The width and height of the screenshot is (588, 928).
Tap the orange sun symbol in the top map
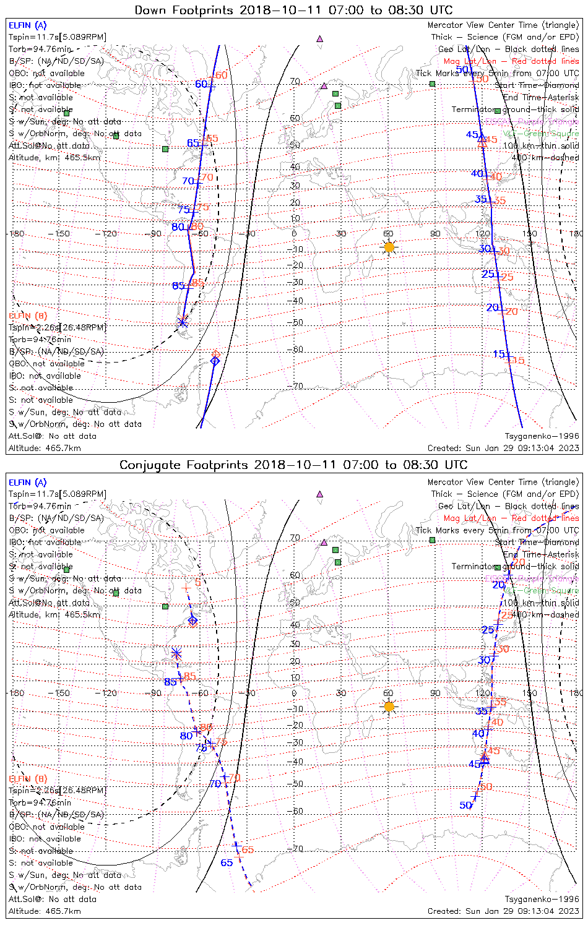point(389,247)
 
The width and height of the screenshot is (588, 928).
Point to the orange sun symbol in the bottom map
point(389,707)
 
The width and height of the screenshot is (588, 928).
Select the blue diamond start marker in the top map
point(215,361)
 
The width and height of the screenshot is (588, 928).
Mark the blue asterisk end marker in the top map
point(183,322)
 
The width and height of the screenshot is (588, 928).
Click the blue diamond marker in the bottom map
point(192,620)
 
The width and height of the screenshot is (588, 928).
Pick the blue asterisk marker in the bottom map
point(176,653)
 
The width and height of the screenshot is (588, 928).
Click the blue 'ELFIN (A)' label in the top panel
point(27,25)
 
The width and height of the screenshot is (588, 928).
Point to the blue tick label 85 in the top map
point(178,286)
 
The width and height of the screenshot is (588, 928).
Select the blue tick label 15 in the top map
point(499,354)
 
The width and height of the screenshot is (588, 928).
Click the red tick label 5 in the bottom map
point(197,583)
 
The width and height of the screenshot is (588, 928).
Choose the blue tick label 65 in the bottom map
point(227,862)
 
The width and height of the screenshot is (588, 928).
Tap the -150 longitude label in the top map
point(62,234)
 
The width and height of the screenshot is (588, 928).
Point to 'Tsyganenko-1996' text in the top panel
point(542,436)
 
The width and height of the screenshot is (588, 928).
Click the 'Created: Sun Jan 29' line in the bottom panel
point(503,911)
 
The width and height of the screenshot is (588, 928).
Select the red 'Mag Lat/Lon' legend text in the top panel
point(470,61)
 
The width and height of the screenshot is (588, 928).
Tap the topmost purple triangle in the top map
point(319,38)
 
